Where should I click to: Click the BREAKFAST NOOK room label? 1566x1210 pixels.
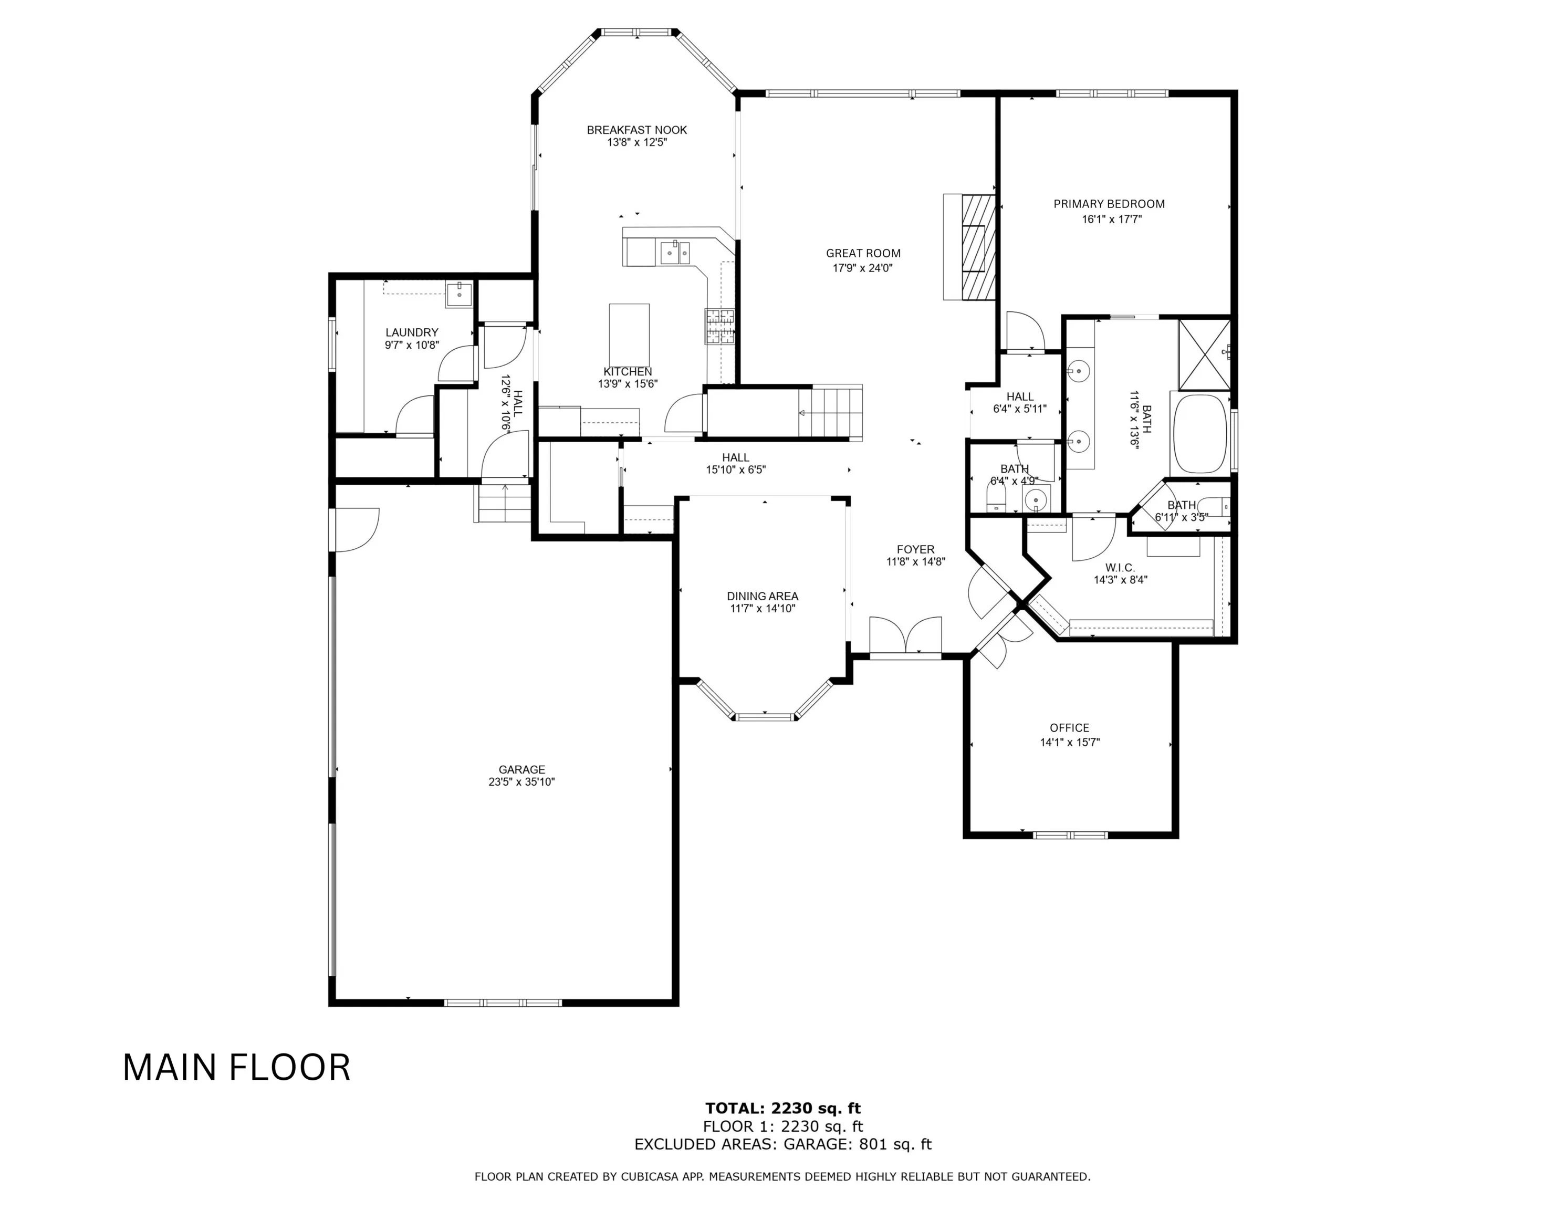[636, 130]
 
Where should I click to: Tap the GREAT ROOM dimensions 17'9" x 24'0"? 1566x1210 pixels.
[863, 268]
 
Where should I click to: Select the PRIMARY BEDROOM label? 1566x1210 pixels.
[1109, 204]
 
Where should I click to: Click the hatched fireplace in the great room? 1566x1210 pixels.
[978, 247]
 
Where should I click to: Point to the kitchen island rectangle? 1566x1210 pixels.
[629, 335]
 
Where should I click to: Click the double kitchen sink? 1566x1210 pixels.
[675, 252]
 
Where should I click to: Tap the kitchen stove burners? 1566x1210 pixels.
[720, 326]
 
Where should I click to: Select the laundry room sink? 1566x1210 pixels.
[458, 294]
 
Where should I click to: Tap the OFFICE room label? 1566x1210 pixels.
[1069, 728]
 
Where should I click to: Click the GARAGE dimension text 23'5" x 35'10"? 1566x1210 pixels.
[522, 782]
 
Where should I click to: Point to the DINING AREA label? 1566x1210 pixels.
[762, 596]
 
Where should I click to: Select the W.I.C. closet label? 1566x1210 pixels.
[1120, 567]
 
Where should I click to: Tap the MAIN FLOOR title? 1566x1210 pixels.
[237, 1067]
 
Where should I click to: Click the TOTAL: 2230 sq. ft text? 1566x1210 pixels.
[783, 1108]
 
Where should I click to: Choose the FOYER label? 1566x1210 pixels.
[916, 549]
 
